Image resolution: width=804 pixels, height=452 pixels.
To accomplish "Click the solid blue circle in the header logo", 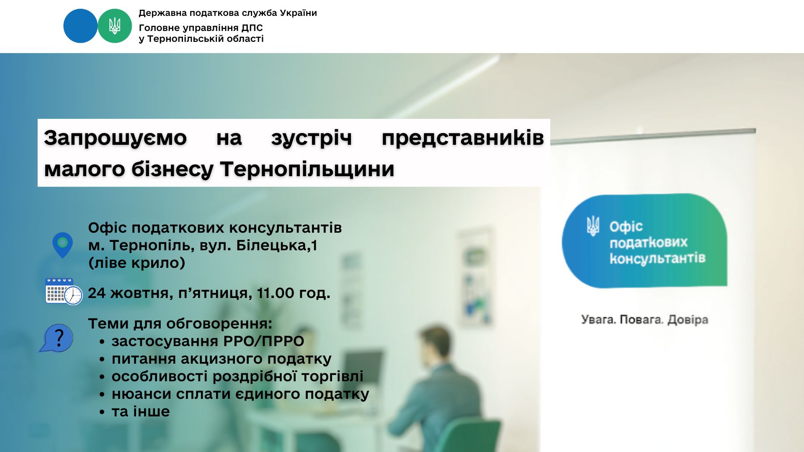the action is [x=80, y=26].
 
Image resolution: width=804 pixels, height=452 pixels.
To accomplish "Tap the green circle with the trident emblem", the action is [x=115, y=26].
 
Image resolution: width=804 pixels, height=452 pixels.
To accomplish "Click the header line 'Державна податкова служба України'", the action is [x=228, y=13].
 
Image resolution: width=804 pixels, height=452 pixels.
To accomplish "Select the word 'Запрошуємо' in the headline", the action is [x=115, y=138].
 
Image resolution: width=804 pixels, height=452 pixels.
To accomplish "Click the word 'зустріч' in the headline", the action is [x=312, y=138].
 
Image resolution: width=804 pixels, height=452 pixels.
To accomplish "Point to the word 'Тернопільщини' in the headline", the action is [x=307, y=169].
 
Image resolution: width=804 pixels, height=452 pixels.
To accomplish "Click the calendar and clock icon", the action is [x=64, y=291].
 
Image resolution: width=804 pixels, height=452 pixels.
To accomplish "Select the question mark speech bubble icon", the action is [x=57, y=338].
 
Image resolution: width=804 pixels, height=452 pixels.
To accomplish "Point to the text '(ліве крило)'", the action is [x=137, y=263].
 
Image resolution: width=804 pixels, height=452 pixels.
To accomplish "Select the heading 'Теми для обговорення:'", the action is [x=180, y=324].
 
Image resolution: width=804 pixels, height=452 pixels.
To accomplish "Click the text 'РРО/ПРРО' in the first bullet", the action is [x=264, y=341].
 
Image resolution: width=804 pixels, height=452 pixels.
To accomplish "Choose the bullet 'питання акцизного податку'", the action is [x=222, y=359].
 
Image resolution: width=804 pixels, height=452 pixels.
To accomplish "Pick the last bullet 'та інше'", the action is [x=141, y=411].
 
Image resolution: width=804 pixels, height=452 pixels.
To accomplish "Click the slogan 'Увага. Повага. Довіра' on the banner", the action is [x=644, y=320].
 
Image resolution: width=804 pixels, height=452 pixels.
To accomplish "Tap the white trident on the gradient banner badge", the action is [x=593, y=226].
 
